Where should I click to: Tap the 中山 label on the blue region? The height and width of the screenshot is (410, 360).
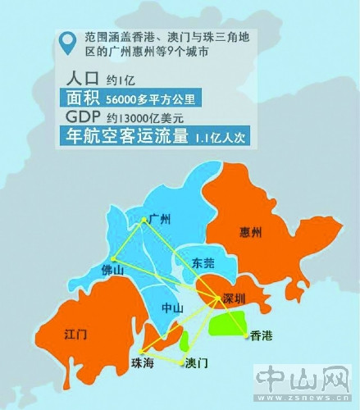point(172,308)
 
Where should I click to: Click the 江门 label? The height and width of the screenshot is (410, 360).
point(76,335)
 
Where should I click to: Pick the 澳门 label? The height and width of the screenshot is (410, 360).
point(197,362)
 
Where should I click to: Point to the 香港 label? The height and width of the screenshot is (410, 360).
point(262,336)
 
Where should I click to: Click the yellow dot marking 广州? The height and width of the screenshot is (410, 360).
point(144,218)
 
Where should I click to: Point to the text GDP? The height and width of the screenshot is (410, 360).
point(82,117)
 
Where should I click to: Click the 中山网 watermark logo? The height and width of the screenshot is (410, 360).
point(302,379)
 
